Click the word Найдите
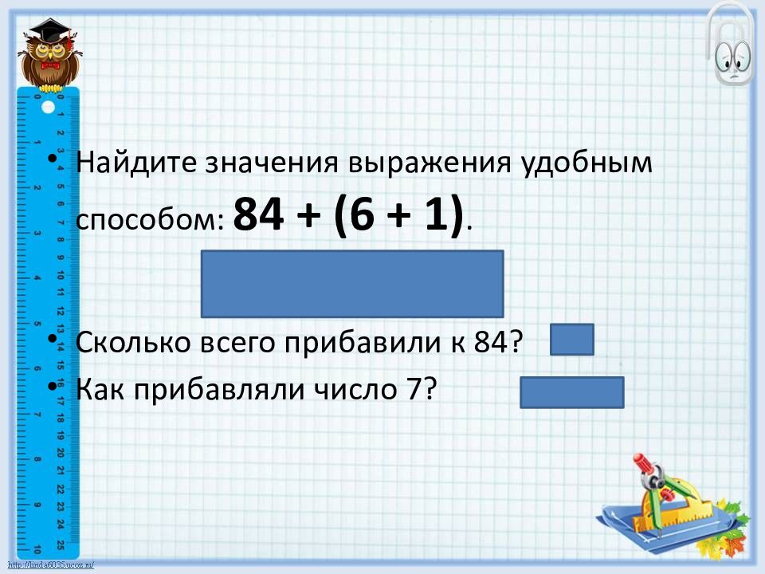pos(135,162)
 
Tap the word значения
pos(271,163)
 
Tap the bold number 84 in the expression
pos(258,214)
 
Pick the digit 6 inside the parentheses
pos(360,214)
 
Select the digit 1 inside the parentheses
pos(436,214)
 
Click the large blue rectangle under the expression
pos(352,284)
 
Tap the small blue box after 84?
pos(572,340)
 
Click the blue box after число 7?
pos(572,392)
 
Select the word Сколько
pos(133,342)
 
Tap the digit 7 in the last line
pos(414,390)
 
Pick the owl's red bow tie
pos(51,65)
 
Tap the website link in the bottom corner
pos(51,566)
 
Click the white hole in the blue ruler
pos(48,107)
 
